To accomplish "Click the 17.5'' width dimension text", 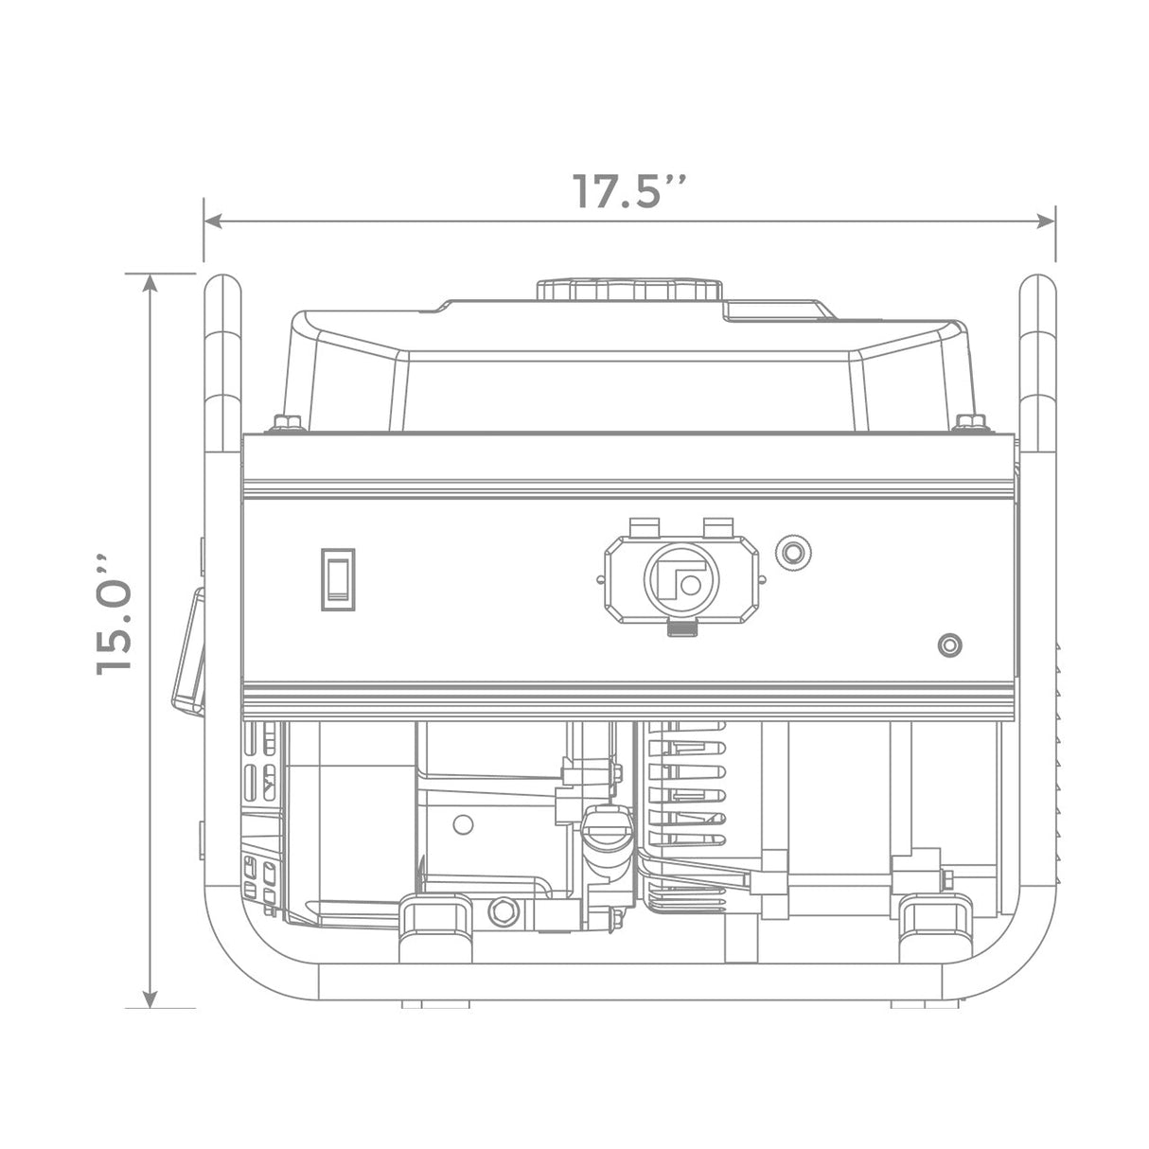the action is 629,191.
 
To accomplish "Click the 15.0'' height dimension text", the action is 114,615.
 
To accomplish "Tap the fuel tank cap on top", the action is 629,290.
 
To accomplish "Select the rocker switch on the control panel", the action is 338,579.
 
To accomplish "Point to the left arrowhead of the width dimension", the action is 213,221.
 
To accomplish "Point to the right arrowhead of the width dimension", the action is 1046,221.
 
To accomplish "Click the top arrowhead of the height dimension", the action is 150,284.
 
